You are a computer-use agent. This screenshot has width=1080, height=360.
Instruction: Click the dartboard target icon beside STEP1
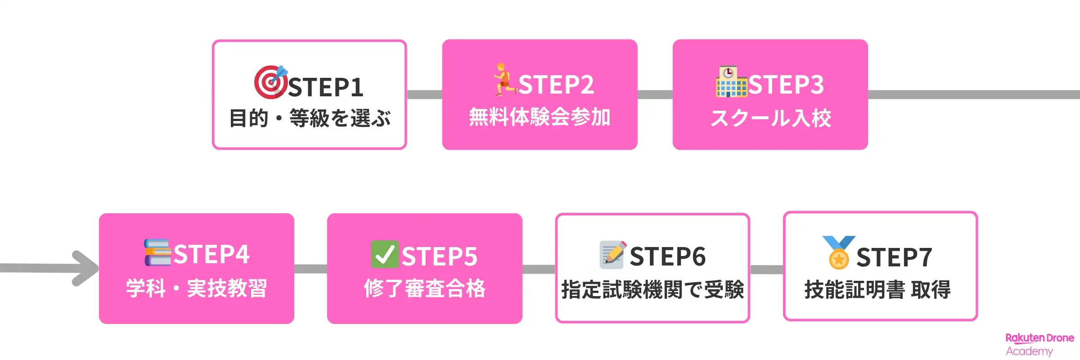(x=270, y=82)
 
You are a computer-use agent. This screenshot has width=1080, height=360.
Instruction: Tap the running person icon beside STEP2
(x=505, y=80)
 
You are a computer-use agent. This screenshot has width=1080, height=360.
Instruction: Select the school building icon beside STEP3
(x=731, y=81)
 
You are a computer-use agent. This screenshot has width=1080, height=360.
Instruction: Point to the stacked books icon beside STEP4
(x=157, y=252)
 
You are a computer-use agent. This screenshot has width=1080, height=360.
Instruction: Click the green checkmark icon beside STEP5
(x=385, y=254)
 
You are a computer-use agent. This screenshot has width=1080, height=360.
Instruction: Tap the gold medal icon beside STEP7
(x=838, y=252)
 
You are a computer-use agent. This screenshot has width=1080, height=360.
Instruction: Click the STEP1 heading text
(x=326, y=87)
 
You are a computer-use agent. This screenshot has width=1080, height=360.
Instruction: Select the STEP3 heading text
(x=786, y=85)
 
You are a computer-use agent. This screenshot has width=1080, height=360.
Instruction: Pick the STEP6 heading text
(x=668, y=256)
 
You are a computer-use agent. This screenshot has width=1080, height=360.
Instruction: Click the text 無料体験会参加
(x=540, y=117)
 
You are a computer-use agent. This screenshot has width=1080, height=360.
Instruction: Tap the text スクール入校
(x=770, y=118)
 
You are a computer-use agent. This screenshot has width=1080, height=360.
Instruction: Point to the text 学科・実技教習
(x=197, y=288)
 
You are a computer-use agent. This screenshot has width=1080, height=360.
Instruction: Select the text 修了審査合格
(x=425, y=288)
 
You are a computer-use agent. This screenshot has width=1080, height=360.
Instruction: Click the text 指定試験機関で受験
(x=652, y=289)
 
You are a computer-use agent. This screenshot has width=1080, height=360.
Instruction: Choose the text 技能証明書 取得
(x=877, y=289)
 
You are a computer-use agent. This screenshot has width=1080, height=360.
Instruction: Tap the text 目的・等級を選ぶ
(x=310, y=118)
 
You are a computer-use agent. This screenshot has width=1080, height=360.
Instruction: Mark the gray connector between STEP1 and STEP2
(x=424, y=94)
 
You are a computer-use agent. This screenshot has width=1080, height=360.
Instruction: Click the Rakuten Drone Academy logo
(x=1039, y=345)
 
